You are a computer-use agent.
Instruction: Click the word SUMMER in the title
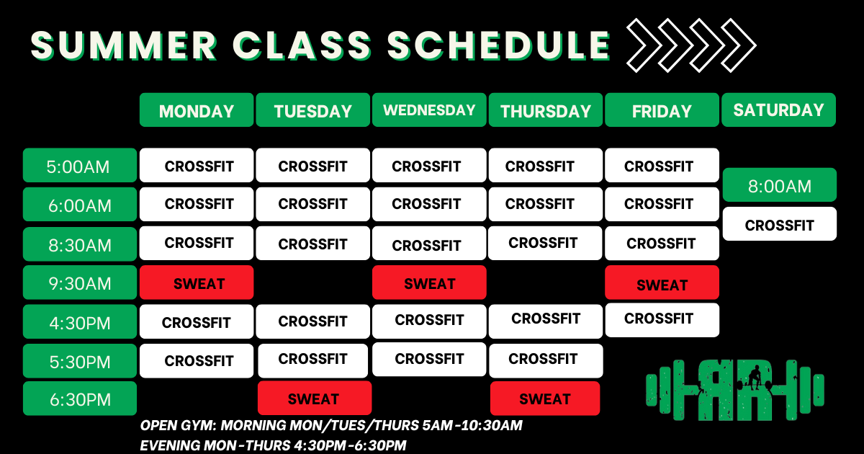123,45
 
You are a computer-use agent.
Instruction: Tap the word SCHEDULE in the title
499,45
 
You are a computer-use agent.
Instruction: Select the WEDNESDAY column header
429,110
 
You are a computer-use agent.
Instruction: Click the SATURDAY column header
779,110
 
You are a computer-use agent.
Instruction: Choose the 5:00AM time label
80,165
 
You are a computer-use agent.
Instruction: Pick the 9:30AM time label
80,282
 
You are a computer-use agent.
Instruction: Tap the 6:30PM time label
80,399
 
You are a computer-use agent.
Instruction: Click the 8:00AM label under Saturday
780,185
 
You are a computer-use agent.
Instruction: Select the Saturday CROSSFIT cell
780,224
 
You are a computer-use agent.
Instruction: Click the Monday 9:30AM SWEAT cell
197,282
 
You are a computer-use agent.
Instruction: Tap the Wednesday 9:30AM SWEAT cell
429,282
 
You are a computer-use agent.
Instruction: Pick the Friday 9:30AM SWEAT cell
662,282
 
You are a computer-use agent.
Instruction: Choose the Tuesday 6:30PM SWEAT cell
315,399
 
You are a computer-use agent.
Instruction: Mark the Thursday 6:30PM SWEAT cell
545,399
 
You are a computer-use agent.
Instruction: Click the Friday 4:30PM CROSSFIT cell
662,320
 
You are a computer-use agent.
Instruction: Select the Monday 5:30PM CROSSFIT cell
197,361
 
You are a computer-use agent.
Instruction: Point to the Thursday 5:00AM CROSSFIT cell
546,165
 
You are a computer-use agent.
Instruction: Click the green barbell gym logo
735,390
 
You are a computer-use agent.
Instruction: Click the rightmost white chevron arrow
739,45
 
